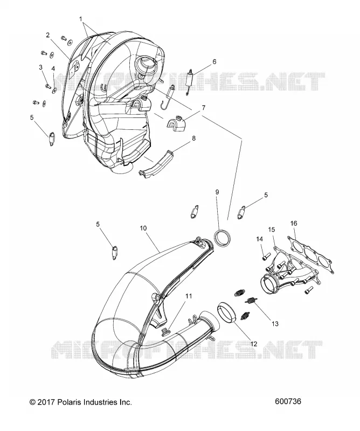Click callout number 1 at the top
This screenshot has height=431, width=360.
[x=81, y=19]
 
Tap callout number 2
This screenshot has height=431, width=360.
[x=48, y=35]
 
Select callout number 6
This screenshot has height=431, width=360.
[x=214, y=62]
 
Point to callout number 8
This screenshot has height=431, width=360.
[x=193, y=138]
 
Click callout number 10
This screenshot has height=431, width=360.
[x=143, y=228]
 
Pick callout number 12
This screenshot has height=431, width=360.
[x=254, y=344]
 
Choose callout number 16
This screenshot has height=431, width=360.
[x=294, y=223]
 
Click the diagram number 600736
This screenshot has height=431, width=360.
[x=288, y=401]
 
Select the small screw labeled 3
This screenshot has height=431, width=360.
[x=48, y=86]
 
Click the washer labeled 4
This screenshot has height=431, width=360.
[x=54, y=89]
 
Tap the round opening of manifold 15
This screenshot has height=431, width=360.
[x=267, y=286]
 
